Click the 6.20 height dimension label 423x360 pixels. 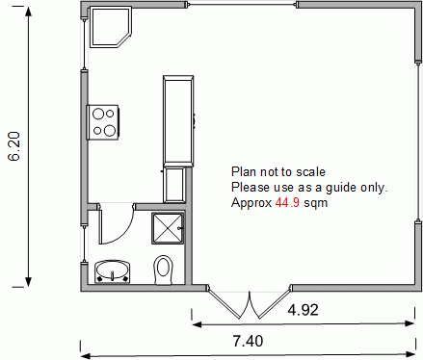click(x=14, y=146)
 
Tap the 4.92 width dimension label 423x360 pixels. click(x=303, y=310)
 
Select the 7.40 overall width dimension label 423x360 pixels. click(x=248, y=341)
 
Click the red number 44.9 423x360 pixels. click(x=287, y=203)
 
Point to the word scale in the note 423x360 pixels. click(x=310, y=172)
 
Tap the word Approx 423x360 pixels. click(x=251, y=203)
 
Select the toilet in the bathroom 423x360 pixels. click(x=164, y=270)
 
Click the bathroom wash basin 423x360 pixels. click(x=113, y=271)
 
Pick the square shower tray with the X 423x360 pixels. click(x=168, y=228)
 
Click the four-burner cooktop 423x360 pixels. click(x=103, y=122)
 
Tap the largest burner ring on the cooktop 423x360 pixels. click(x=110, y=130)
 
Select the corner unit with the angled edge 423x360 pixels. click(x=111, y=28)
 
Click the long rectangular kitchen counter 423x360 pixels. click(x=178, y=121)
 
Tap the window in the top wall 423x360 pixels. click(x=242, y=5)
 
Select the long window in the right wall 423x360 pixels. click(x=418, y=141)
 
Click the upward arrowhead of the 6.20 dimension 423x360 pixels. click(x=29, y=12)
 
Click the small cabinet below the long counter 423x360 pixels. click(x=174, y=185)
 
